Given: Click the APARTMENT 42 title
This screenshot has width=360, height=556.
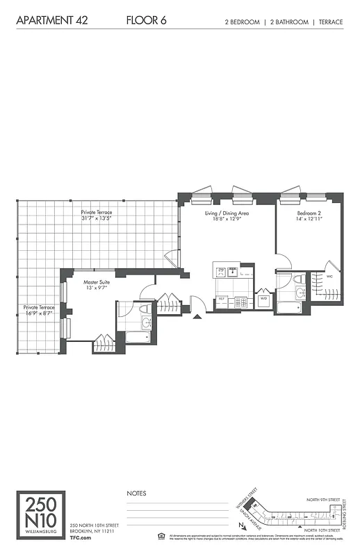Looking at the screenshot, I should click(51, 22).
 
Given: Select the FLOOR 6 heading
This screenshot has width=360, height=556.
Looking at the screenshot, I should click(146, 22).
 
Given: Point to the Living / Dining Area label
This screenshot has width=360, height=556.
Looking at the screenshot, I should click(227, 215).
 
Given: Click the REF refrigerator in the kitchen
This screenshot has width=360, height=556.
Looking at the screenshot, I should click(222, 301).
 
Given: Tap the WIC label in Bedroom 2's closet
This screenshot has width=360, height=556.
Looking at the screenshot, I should click(330, 276).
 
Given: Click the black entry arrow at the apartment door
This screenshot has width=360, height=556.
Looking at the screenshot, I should click(197, 317).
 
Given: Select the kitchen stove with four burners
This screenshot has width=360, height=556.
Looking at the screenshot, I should click(241, 302).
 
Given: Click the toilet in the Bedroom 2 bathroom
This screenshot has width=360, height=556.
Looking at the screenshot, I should click(298, 279).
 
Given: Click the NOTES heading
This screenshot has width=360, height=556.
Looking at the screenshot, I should click(136, 493).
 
